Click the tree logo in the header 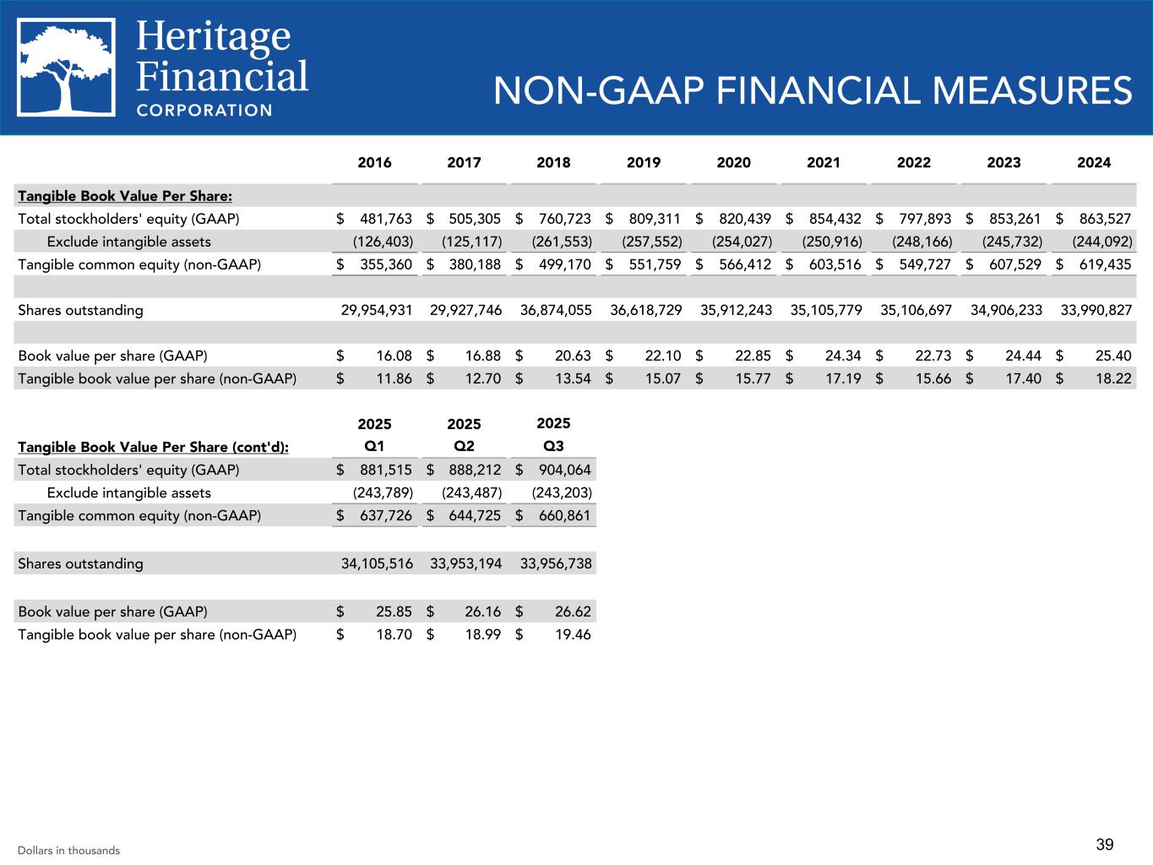(x=67, y=67)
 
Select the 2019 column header (x=644, y=162)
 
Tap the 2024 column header (x=1094, y=162)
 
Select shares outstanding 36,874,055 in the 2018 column (x=556, y=310)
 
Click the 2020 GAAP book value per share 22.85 (x=753, y=356)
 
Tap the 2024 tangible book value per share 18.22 (x=1112, y=378)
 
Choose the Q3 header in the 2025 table (x=553, y=446)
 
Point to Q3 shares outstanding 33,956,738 (x=556, y=563)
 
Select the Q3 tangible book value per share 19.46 (x=573, y=634)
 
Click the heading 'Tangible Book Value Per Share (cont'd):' (x=153, y=447)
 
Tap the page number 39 (x=1105, y=845)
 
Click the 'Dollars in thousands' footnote (x=68, y=851)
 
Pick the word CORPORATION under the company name (x=204, y=110)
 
